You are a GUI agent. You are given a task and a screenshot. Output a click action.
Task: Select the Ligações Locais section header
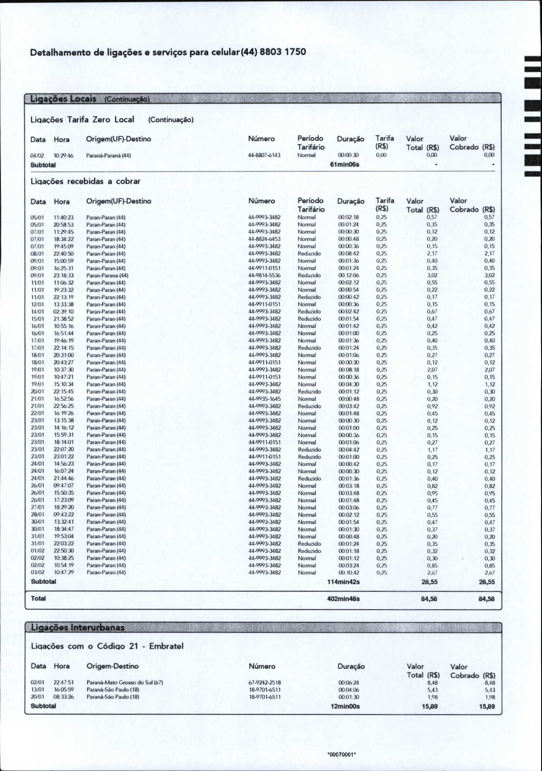pos(63,98)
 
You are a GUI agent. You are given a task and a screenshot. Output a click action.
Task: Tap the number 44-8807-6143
pos(264,155)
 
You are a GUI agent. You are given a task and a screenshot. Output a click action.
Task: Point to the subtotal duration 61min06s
pos(344,164)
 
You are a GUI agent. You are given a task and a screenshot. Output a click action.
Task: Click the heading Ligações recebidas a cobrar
pos(85,181)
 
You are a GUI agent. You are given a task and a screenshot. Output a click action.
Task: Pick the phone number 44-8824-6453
pos(264,239)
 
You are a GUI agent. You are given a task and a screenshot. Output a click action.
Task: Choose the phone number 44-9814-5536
pos(264,276)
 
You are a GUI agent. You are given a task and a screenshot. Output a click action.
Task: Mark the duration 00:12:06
pos(349,276)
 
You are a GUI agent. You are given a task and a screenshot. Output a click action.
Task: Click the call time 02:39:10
pos(63,312)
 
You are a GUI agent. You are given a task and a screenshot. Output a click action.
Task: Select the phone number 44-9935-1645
pos(264,399)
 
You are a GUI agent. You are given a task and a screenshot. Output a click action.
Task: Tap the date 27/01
pos(37,507)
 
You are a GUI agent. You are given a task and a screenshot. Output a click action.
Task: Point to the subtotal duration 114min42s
pos(344,582)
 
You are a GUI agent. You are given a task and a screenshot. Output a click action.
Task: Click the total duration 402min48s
pos(344,599)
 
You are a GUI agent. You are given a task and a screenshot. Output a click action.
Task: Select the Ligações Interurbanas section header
pos(78,628)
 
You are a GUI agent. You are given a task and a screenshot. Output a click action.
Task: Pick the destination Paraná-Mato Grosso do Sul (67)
pos(125,682)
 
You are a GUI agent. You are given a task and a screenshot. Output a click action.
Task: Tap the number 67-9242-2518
pos(264,682)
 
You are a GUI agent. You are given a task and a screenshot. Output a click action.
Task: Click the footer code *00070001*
pos(342,754)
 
